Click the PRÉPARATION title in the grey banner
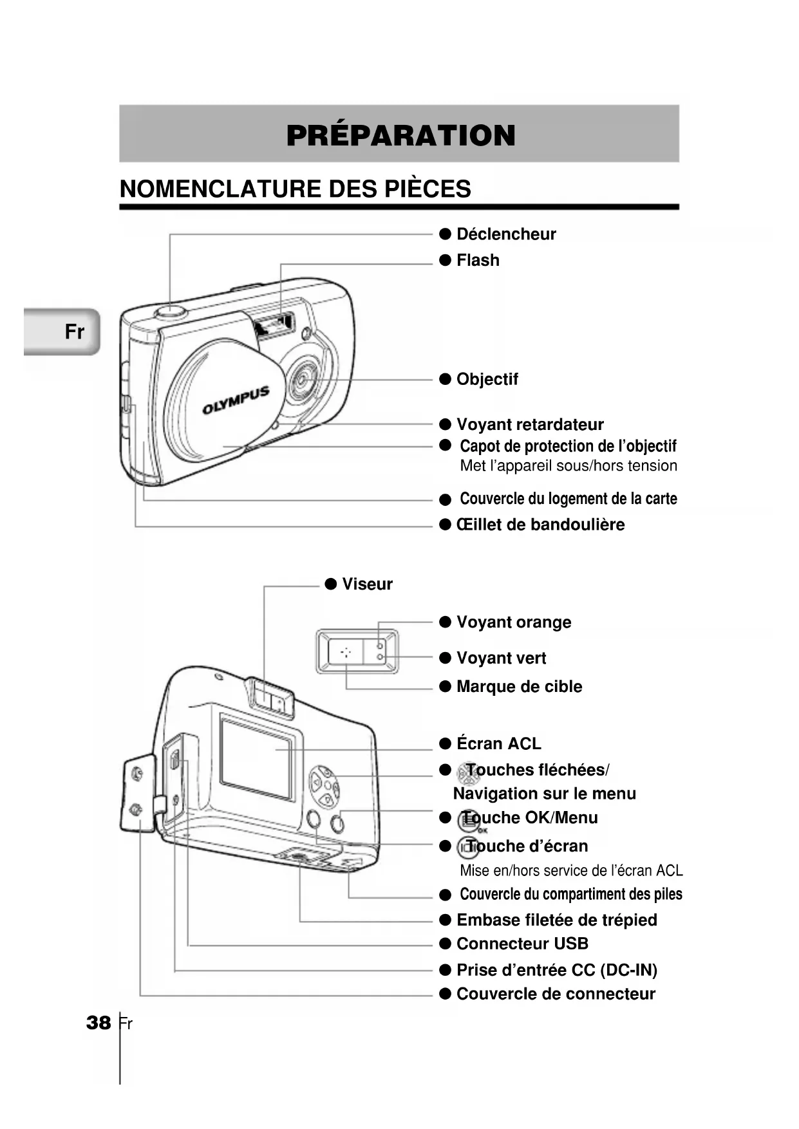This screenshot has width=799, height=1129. (400, 135)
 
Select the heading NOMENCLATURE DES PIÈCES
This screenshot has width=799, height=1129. (295, 189)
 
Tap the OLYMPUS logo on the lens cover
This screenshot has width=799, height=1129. (236, 400)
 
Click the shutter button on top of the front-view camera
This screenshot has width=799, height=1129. (170, 312)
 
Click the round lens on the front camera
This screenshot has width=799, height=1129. (301, 379)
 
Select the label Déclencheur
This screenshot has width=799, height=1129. (505, 234)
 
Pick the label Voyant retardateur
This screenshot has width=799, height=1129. (529, 425)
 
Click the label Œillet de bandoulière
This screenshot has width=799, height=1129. (540, 525)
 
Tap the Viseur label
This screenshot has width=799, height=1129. (366, 584)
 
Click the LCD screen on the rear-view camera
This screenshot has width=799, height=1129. (256, 757)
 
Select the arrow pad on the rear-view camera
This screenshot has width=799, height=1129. (324, 785)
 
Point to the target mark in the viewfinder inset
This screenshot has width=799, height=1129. (346, 652)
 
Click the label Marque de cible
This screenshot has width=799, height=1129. (518, 687)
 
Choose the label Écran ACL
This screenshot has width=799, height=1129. (498, 744)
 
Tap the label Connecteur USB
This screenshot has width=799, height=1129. (522, 944)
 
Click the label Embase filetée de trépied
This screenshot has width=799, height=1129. (556, 920)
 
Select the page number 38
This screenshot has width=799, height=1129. (99, 1023)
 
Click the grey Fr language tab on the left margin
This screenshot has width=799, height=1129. (62, 331)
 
